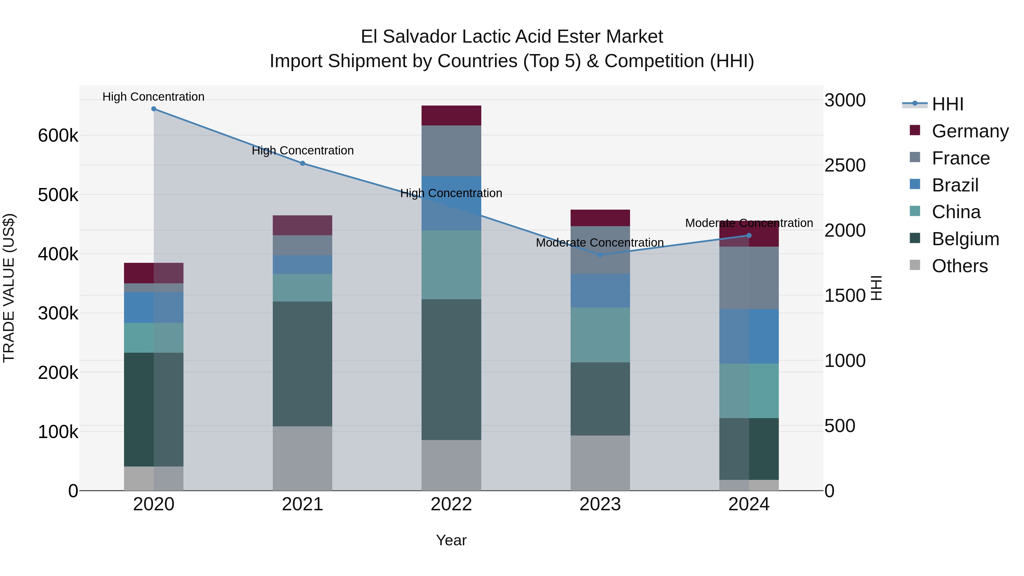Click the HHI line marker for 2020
point(154,109)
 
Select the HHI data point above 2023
point(600,255)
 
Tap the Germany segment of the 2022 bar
point(451,115)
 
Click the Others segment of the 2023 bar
point(600,463)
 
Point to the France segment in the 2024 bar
point(749,278)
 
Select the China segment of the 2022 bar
point(451,265)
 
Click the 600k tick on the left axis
point(58,136)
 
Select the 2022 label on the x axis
point(451,504)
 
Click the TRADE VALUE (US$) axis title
point(9,288)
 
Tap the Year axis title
point(451,540)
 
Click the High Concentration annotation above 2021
point(303,151)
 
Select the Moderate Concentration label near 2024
point(749,223)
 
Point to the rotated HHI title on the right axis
point(876,288)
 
